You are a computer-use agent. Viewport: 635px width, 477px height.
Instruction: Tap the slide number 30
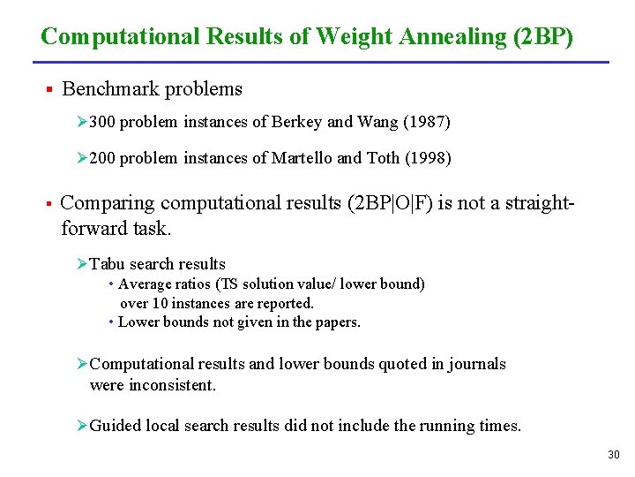click(x=614, y=455)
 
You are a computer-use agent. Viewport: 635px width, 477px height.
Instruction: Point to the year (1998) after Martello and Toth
click(x=428, y=158)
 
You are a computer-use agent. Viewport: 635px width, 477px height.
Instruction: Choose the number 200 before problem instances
click(x=102, y=158)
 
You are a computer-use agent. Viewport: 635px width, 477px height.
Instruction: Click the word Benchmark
click(x=103, y=89)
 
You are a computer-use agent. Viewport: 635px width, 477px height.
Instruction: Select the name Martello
click(x=303, y=158)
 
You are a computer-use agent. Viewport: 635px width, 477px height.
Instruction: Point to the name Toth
click(x=382, y=158)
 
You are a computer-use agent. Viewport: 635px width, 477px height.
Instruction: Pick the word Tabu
click(x=108, y=264)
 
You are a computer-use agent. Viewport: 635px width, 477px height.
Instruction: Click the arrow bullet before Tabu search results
click(x=82, y=264)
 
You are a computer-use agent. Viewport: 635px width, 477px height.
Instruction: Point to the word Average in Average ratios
click(x=145, y=284)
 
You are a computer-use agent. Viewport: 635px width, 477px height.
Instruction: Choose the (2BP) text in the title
click(x=541, y=37)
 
